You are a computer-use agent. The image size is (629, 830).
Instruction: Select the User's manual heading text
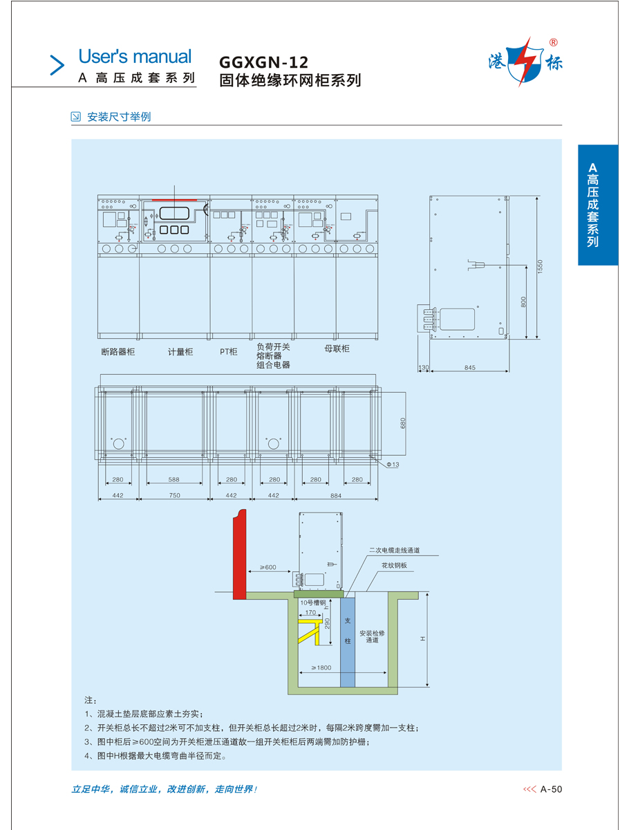[135, 57]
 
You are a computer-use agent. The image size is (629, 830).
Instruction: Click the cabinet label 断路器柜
[118, 352]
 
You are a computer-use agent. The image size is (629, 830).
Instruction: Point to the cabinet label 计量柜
[180, 352]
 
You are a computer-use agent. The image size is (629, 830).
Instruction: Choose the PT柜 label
[229, 352]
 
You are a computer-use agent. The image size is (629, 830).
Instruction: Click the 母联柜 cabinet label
[337, 349]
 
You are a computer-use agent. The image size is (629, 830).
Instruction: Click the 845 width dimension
[469, 368]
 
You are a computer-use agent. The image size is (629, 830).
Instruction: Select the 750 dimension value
[174, 495]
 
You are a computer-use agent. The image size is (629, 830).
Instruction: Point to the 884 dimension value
[336, 495]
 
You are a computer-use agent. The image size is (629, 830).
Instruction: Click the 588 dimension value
[173, 479]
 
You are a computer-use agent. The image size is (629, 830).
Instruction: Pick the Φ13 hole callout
[392, 465]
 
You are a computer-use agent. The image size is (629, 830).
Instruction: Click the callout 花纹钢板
[394, 565]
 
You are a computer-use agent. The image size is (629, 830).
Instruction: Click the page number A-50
[552, 788]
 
